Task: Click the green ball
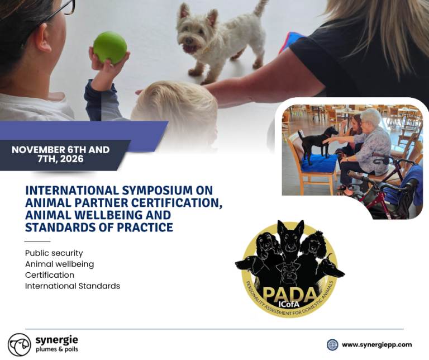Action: pyautogui.click(x=110, y=48)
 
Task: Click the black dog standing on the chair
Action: pyautogui.click(x=318, y=144)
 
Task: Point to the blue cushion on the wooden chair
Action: pyautogui.click(x=320, y=163)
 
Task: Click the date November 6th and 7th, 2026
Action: pyautogui.click(x=61, y=154)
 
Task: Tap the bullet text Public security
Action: pyautogui.click(x=54, y=253)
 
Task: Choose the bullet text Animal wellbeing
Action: pyautogui.click(x=59, y=264)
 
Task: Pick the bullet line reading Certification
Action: pyautogui.click(x=50, y=275)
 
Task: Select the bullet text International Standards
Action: pyautogui.click(x=73, y=286)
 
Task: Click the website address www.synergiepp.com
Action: pyautogui.click(x=376, y=345)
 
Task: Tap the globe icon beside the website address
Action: pyautogui.click(x=332, y=345)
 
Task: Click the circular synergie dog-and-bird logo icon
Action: pyautogui.click(x=20, y=345)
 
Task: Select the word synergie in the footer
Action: pyautogui.click(x=56, y=340)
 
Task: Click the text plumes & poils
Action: pyautogui.click(x=56, y=349)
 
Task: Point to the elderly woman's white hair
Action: pyautogui.click(x=371, y=116)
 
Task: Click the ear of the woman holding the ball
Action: pyautogui.click(x=43, y=38)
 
